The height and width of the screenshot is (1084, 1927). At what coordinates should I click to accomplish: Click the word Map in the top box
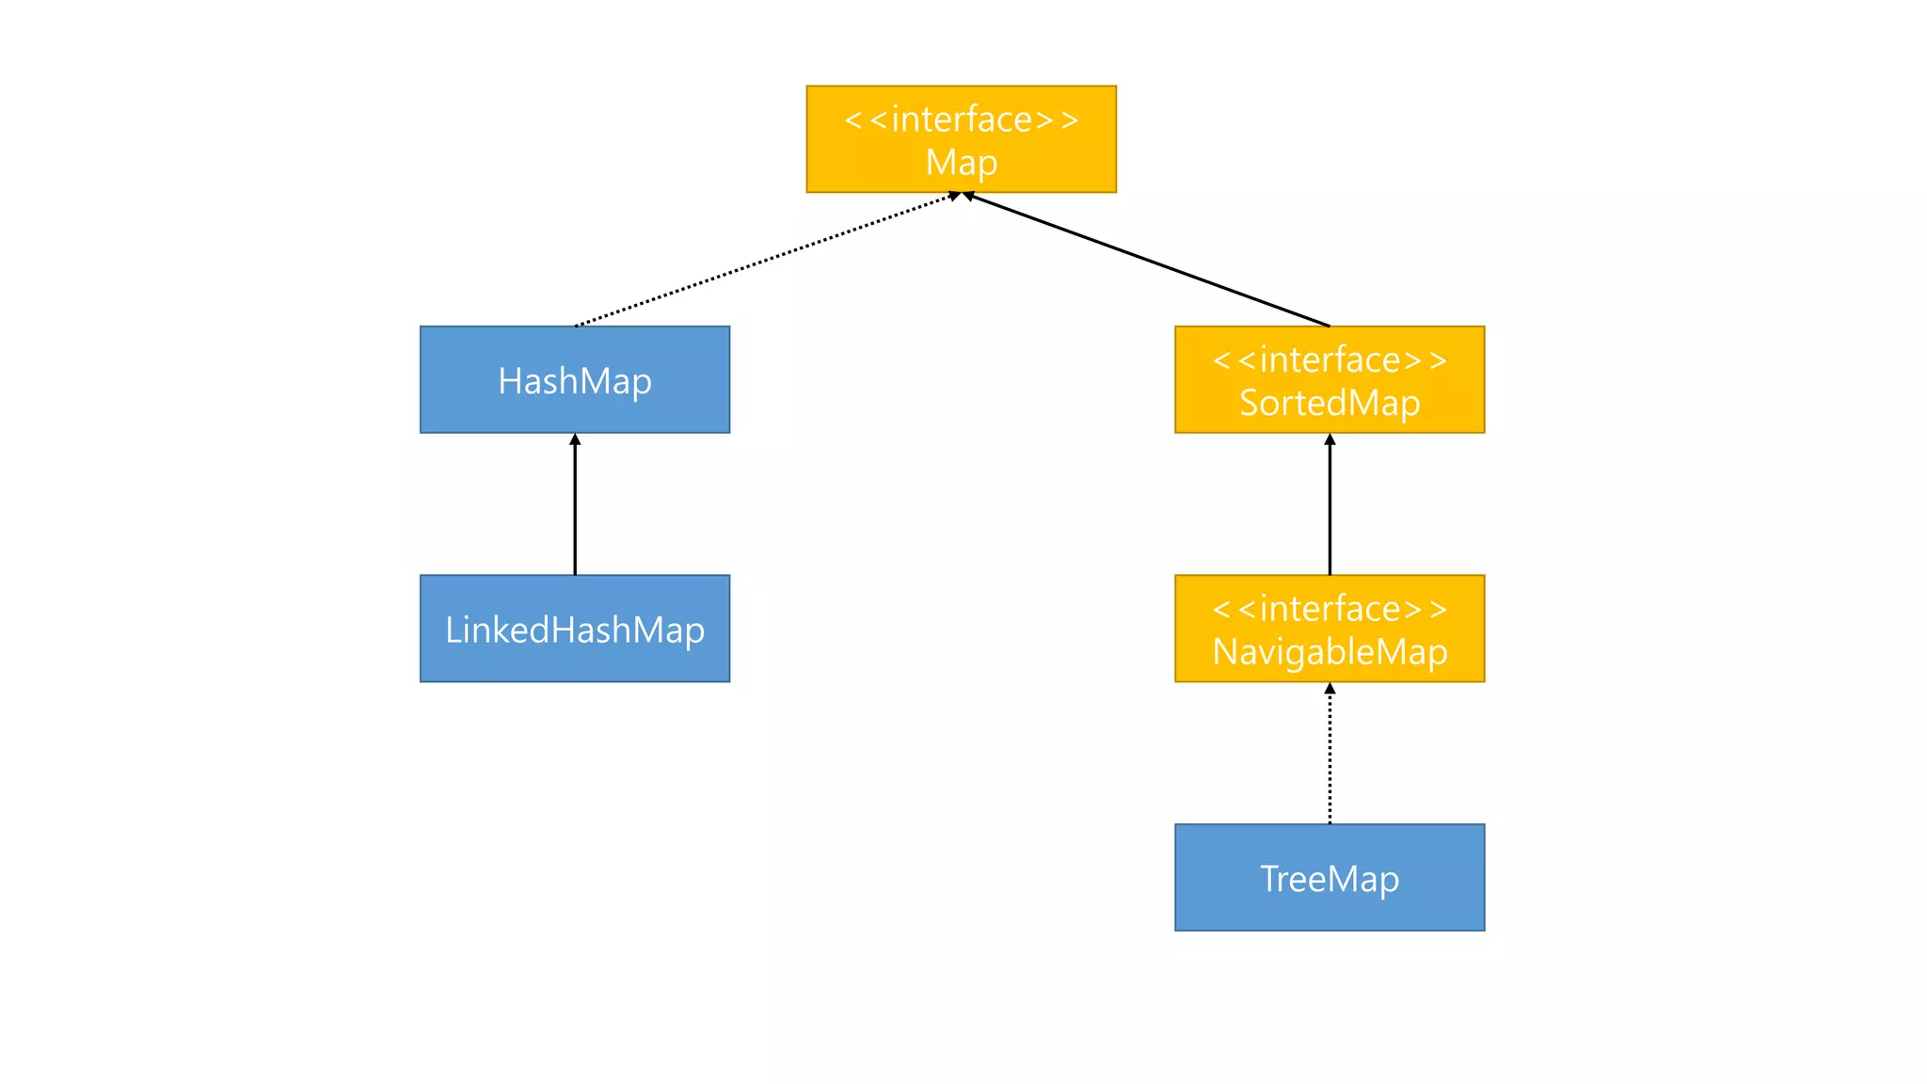tap(961, 163)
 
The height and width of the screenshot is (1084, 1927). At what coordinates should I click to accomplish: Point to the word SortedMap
tap(1329, 403)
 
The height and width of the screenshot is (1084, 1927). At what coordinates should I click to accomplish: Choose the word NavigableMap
tap(1329, 651)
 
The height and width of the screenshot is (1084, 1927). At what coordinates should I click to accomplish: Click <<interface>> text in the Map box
tap(961, 120)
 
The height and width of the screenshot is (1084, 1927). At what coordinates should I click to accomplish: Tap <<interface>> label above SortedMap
tap(1329, 359)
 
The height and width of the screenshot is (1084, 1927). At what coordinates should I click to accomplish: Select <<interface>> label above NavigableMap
tap(1329, 609)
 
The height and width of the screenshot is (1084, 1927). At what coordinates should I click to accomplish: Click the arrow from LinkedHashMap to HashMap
tap(575, 508)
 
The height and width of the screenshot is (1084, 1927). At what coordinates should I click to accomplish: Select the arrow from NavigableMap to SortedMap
tap(1330, 508)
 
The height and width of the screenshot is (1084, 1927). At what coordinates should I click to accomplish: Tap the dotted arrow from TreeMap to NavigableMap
tap(1330, 757)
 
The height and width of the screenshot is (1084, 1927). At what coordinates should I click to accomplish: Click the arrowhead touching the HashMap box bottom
tap(575, 439)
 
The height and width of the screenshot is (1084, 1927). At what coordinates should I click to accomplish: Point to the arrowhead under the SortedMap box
tap(1330, 439)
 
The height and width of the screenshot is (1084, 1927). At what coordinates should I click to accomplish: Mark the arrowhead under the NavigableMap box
tap(1330, 689)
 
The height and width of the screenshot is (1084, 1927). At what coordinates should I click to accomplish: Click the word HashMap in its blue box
tap(574, 381)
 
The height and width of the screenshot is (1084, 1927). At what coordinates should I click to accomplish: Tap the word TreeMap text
tap(1329, 879)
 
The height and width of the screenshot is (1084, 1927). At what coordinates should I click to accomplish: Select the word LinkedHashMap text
tap(574, 630)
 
